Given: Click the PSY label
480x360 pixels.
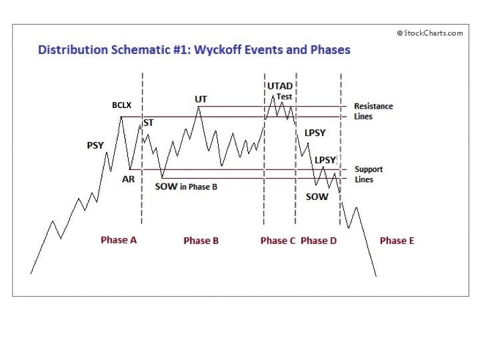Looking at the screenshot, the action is click(x=95, y=145).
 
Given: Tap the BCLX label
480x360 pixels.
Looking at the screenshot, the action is click(x=121, y=105).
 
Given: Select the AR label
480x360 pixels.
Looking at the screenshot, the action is click(x=128, y=179).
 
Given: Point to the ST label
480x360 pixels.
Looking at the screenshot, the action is click(x=149, y=123).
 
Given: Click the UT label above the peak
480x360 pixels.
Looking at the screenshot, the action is click(x=201, y=99).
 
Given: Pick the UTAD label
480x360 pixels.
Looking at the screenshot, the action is click(x=280, y=86).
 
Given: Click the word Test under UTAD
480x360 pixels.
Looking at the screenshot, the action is click(x=284, y=97).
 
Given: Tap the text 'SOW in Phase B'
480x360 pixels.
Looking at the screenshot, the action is click(x=186, y=187).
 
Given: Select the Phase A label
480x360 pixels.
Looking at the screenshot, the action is click(x=119, y=240).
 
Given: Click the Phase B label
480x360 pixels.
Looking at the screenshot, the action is click(x=201, y=241).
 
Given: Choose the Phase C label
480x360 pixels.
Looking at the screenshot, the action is click(x=278, y=241).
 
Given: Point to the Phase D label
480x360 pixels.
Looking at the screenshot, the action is click(x=319, y=241).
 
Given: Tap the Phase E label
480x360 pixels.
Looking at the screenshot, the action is click(x=397, y=241).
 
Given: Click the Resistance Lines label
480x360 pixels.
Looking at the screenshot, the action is click(x=373, y=111).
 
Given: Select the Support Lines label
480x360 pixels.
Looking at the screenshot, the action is click(x=369, y=174).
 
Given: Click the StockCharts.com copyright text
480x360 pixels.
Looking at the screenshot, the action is click(x=430, y=33).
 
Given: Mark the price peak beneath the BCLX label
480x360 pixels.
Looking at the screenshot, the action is click(x=121, y=117).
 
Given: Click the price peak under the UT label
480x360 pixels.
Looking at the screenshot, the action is click(x=199, y=107).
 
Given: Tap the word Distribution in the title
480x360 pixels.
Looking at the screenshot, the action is click(x=73, y=49).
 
